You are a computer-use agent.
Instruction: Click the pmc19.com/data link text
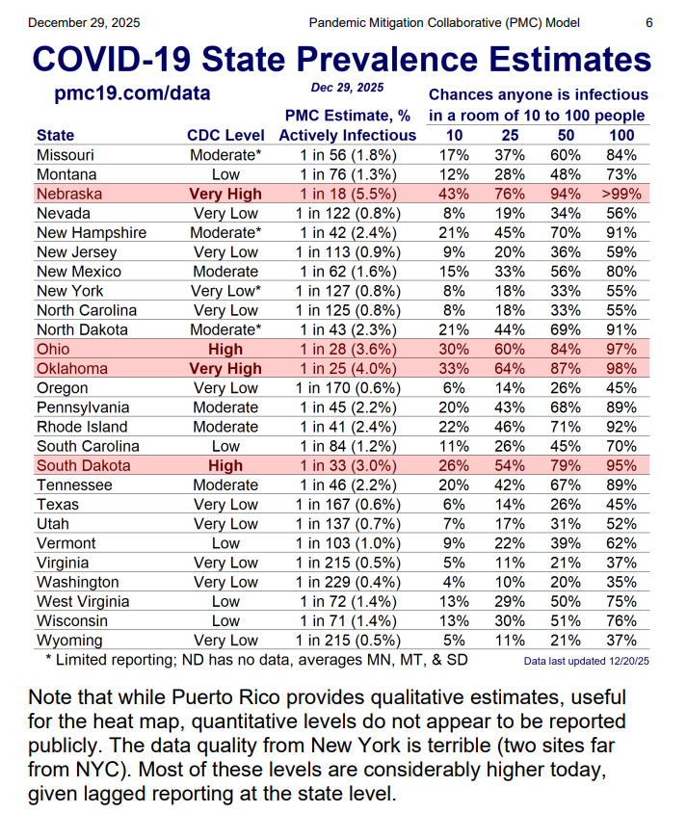pos(132,94)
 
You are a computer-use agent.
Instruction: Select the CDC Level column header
pos(225,135)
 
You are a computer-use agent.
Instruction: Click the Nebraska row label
pos(69,194)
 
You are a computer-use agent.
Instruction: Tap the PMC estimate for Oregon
pos(348,388)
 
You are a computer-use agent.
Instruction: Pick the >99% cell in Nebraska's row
pos(621,194)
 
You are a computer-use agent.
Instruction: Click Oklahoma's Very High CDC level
pos(225,369)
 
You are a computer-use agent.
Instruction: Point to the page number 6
pos(648,22)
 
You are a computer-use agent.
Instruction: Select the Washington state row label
pos(78,582)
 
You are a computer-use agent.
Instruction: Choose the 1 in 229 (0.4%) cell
pos(348,582)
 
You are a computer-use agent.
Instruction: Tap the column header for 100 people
pos(621,135)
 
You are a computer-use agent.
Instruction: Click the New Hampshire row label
pos(92,233)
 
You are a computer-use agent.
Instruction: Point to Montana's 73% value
pos(621,174)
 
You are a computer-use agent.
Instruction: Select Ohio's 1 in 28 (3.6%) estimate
pos(348,349)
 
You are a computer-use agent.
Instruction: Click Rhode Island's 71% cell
pos(568,427)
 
